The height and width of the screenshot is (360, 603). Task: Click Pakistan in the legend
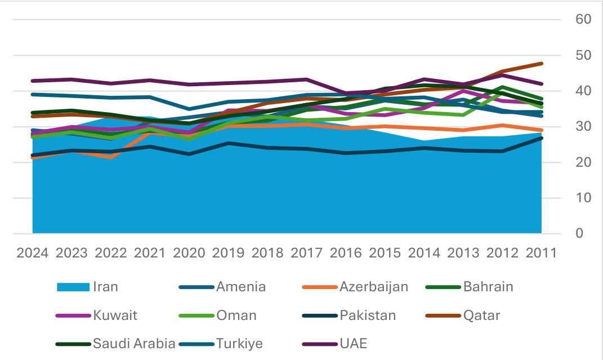(x=368, y=315)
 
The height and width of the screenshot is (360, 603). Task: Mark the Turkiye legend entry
(x=239, y=344)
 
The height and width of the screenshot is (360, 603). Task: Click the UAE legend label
(x=353, y=344)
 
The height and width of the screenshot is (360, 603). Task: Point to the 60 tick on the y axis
(x=583, y=19)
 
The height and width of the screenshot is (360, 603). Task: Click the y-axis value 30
(x=583, y=126)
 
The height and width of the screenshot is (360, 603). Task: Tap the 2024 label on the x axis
(x=32, y=252)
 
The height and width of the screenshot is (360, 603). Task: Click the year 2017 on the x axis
(x=306, y=252)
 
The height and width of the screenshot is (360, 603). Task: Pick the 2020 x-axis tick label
(x=189, y=252)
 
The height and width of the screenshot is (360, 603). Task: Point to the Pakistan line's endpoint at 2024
(x=33, y=155)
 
